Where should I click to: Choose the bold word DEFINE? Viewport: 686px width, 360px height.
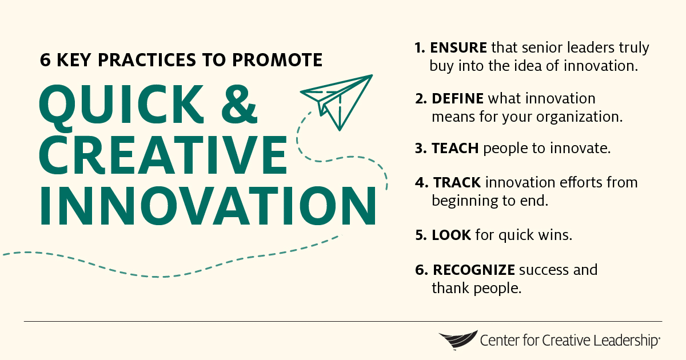[457, 98]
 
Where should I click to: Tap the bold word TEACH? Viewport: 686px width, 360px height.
[455, 149]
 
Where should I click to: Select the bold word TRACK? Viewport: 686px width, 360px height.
[457, 182]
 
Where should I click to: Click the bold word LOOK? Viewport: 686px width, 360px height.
[451, 235]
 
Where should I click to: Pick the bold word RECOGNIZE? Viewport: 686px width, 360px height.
[474, 269]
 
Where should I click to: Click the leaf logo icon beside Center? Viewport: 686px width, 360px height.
[458, 341]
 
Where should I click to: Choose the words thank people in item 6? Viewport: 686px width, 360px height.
[476, 289]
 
